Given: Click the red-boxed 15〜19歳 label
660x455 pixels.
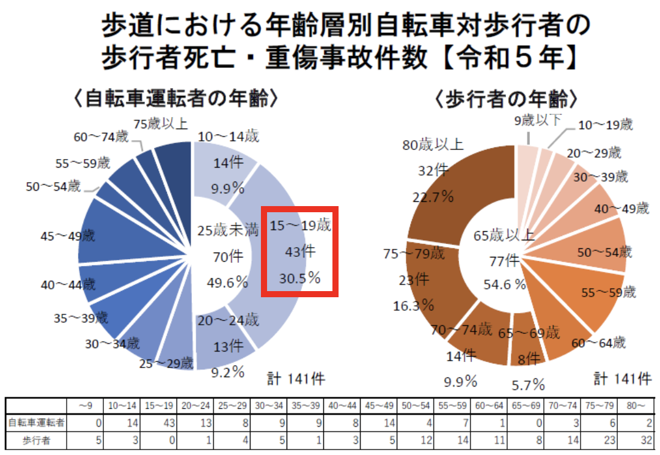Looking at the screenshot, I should (x=300, y=226).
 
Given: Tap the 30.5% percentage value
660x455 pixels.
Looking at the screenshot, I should (x=300, y=278).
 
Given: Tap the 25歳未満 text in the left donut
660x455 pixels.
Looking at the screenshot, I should (x=227, y=231).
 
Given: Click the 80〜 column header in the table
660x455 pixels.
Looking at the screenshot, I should (x=636, y=405).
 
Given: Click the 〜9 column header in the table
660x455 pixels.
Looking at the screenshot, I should (x=85, y=405).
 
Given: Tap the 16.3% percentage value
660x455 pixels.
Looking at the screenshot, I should (x=414, y=305).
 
